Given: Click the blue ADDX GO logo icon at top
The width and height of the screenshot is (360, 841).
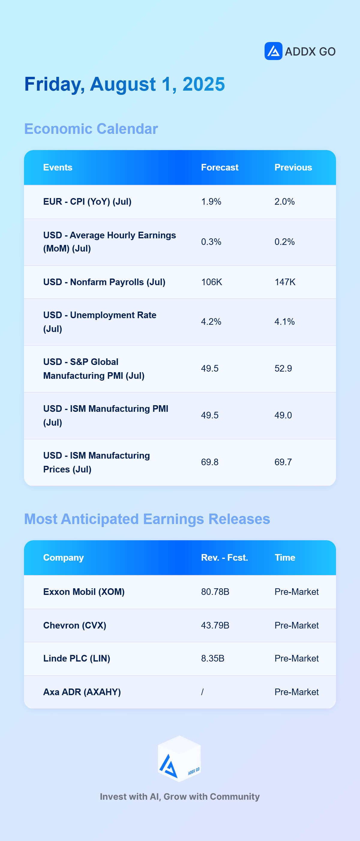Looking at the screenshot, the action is (x=273, y=51).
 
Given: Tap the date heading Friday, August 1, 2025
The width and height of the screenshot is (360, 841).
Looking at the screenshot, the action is (x=124, y=84).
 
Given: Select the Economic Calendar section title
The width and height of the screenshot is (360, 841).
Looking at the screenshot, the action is (x=91, y=129).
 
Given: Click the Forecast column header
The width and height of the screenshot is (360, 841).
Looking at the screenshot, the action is (x=220, y=167).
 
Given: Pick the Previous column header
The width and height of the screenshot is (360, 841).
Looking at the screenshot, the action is (x=293, y=167).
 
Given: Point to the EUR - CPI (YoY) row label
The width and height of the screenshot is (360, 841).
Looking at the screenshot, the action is (x=87, y=202).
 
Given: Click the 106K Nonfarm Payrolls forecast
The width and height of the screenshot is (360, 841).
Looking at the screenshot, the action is (x=211, y=282).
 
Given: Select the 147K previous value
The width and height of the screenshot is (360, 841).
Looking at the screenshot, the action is (x=285, y=282).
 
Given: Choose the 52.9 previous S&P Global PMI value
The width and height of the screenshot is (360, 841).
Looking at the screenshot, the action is (x=283, y=369).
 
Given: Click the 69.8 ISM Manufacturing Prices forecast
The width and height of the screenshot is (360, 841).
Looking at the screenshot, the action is (x=209, y=462).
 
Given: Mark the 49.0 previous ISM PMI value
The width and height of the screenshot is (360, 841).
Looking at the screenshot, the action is (x=283, y=415).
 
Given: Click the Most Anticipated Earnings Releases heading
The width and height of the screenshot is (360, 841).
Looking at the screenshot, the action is (x=147, y=519).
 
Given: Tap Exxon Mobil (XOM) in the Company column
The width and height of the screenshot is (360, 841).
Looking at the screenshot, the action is (x=84, y=592).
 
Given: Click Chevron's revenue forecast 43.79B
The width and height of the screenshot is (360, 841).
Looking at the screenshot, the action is (x=215, y=625).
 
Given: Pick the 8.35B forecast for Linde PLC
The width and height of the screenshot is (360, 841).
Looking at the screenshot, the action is (x=212, y=659).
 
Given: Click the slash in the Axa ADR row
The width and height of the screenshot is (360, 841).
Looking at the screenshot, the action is (x=202, y=692).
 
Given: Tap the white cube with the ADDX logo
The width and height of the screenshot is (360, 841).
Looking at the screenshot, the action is (x=179, y=759).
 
